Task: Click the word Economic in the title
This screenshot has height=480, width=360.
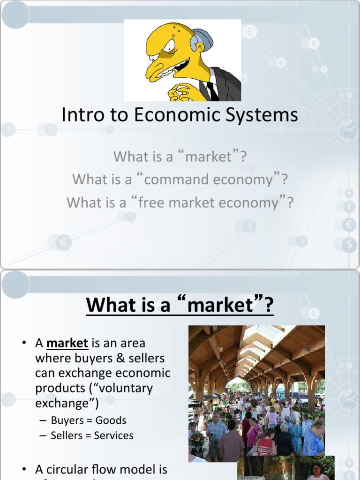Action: coord(177,115)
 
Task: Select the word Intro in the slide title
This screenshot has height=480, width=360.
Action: coord(80,115)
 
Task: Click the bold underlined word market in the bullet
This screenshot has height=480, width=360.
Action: coord(67,343)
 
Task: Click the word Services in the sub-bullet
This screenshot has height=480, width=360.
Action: coord(113,435)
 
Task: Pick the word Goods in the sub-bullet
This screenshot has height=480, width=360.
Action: coord(111,420)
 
